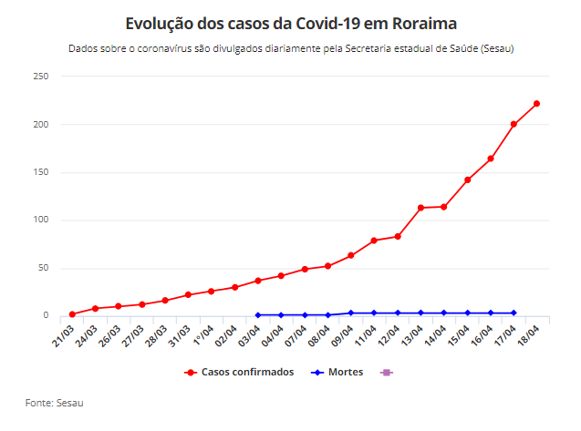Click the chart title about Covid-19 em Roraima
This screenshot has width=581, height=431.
[x=290, y=22]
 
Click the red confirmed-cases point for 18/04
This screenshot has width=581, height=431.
[x=537, y=103]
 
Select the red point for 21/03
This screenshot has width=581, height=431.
[x=72, y=313]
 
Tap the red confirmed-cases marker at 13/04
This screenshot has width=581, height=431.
[x=420, y=208]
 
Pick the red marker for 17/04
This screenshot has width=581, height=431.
[x=514, y=124]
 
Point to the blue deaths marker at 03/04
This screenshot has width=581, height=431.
[x=258, y=315]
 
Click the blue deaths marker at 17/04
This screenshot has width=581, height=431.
[x=514, y=313]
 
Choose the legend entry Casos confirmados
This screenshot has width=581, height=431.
[x=239, y=372]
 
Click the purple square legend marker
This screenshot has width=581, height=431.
[x=387, y=372]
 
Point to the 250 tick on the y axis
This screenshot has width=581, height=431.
[x=40, y=77]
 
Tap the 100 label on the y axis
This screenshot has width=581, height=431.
[x=40, y=220]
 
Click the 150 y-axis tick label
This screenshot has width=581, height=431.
[x=40, y=172]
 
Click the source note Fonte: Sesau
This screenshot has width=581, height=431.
[x=54, y=402]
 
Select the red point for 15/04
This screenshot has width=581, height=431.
[x=467, y=180]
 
